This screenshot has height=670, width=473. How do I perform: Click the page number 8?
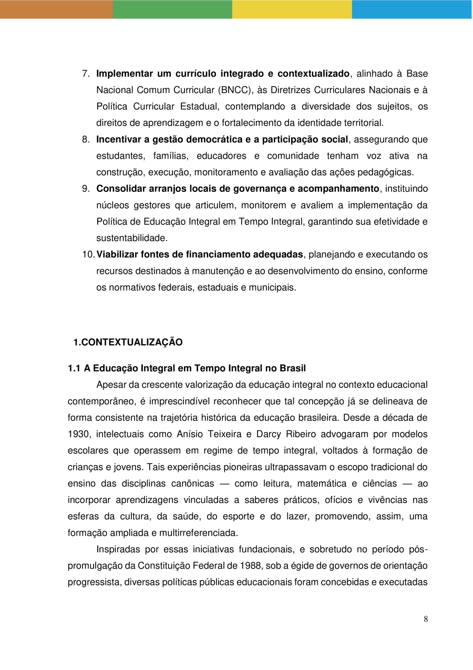(x=426, y=619)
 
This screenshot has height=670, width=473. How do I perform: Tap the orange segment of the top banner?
(x=56, y=9)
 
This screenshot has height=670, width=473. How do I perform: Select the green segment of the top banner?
(x=172, y=9)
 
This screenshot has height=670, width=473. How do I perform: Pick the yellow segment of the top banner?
(x=292, y=9)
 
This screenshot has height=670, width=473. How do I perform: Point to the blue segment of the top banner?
(x=412, y=9)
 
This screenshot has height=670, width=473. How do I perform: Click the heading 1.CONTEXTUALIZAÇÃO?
(x=128, y=343)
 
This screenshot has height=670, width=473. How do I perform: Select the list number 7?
(x=86, y=74)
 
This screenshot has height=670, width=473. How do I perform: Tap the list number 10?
(x=88, y=255)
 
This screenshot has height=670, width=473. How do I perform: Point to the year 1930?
(x=78, y=435)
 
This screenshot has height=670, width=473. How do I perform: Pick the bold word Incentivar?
(x=118, y=139)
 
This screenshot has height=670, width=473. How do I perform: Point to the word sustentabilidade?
(x=131, y=238)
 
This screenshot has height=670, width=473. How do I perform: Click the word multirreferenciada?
(x=199, y=533)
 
